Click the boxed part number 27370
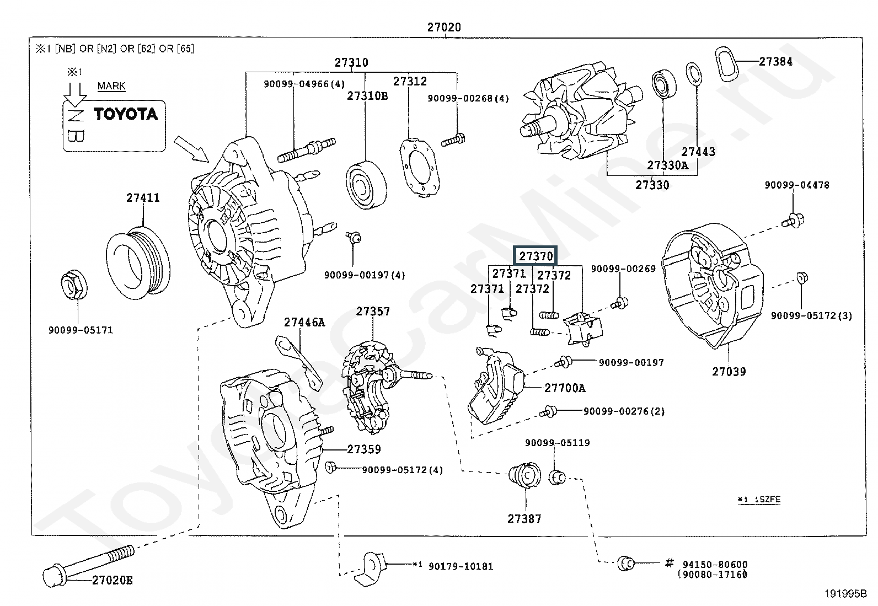click(x=536, y=256)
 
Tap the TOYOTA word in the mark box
click(x=125, y=114)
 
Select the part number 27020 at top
click(x=444, y=27)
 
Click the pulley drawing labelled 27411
click(x=138, y=264)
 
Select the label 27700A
click(x=565, y=388)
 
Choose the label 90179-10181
click(x=461, y=566)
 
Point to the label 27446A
click(x=304, y=323)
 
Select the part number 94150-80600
click(x=715, y=564)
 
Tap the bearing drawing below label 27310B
click(x=367, y=185)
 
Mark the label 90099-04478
click(x=796, y=185)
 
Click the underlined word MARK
click(x=111, y=86)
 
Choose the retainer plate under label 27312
click(x=420, y=167)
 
